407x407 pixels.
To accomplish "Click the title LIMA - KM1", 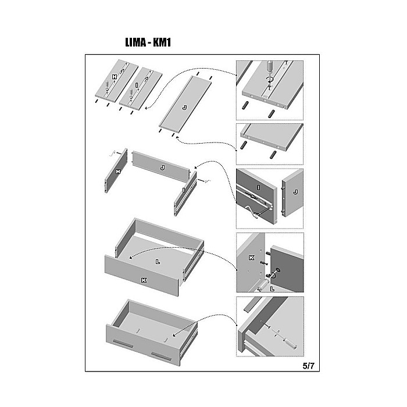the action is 148,42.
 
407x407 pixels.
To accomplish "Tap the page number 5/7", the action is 308,366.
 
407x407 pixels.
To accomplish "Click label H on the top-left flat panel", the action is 115,77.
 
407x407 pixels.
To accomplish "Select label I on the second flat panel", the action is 137,85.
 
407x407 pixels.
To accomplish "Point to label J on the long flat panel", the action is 184,108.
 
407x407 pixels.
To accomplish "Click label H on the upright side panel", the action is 118,172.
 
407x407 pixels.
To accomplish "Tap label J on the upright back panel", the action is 162,167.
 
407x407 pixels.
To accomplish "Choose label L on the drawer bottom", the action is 158,262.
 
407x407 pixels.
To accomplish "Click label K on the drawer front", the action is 144,280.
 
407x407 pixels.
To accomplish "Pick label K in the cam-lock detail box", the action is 251,258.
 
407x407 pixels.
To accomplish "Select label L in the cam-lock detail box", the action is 272,288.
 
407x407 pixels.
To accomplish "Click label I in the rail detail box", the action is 258,187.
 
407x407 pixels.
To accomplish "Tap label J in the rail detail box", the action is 295,192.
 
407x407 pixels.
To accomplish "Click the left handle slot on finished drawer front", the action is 123,343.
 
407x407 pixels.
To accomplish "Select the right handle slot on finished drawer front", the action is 162,356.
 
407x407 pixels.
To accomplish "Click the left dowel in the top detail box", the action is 245,105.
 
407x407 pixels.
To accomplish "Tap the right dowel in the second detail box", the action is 273,155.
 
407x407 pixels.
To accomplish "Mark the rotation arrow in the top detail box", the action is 270,79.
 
